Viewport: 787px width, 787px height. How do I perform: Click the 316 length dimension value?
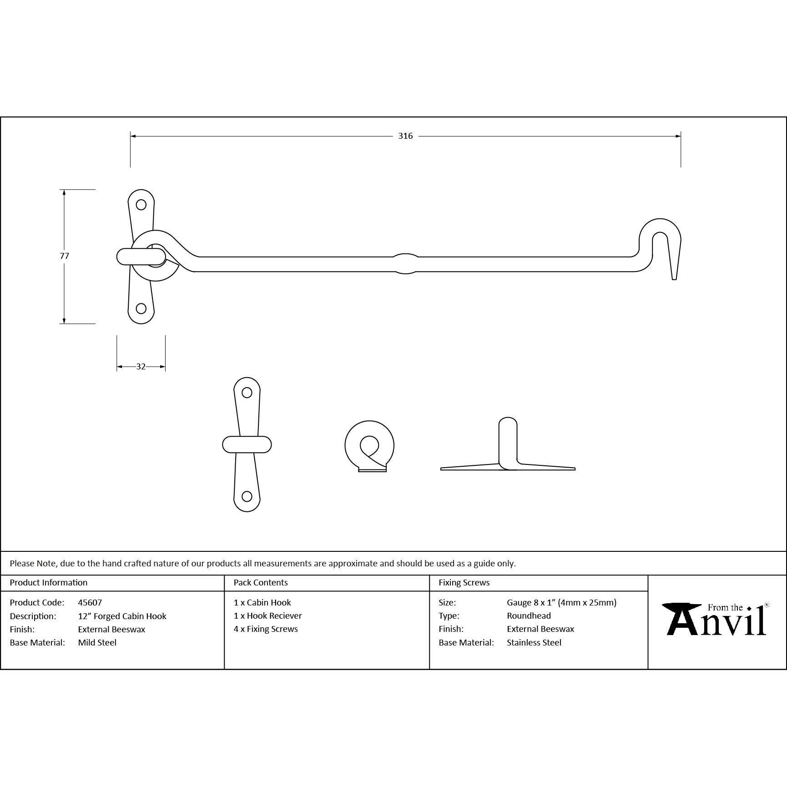(405, 136)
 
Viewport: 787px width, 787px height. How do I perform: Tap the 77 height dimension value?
(65, 256)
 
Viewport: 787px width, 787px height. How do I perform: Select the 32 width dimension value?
(141, 367)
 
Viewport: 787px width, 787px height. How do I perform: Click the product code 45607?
(90, 602)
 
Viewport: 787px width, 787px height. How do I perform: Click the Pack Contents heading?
(261, 583)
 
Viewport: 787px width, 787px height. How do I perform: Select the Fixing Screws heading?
(464, 583)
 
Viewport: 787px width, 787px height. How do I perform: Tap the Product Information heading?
(49, 583)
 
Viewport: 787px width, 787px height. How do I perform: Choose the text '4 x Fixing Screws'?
(266, 629)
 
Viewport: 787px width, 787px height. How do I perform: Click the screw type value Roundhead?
(529, 616)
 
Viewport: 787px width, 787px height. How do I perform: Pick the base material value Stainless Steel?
(534, 643)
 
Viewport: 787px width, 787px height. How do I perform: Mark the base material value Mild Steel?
(97, 643)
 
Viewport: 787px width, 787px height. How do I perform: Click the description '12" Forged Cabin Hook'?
(122, 616)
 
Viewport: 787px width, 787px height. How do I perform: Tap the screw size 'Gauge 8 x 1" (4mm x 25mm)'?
(561, 603)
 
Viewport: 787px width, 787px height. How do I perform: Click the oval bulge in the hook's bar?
(405, 264)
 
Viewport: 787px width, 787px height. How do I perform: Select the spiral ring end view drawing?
(369, 446)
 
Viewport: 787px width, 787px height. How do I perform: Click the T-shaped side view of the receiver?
(508, 450)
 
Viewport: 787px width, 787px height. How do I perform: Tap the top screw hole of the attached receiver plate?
(141, 205)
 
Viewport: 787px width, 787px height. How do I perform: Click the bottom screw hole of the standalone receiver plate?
(247, 496)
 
